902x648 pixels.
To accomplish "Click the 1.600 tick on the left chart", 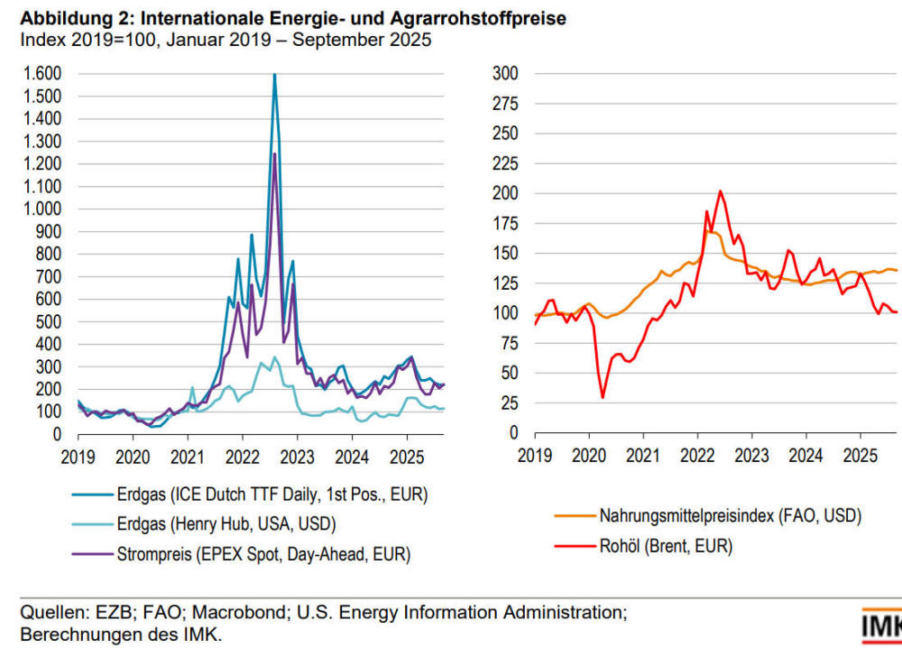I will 41,74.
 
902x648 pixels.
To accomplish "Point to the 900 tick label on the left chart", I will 49,232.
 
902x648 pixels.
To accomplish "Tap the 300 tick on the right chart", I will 508,74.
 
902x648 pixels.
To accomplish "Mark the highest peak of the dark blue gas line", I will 274,75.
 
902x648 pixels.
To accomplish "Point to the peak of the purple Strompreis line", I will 274,154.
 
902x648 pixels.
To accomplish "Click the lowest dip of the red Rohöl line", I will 603,397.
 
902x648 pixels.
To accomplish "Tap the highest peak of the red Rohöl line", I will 720,191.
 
